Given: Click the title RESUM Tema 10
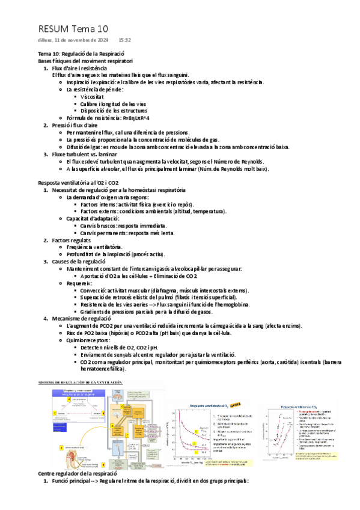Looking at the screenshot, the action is [73, 28].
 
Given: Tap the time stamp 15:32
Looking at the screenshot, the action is [125, 40].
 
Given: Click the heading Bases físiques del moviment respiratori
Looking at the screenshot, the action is [85, 61].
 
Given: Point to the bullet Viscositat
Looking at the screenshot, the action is [92, 96].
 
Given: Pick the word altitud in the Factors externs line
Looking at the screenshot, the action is [184, 212].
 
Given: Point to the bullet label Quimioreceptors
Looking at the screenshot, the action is [88, 341].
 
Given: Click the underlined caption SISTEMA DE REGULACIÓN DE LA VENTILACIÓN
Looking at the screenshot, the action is [80, 383].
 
